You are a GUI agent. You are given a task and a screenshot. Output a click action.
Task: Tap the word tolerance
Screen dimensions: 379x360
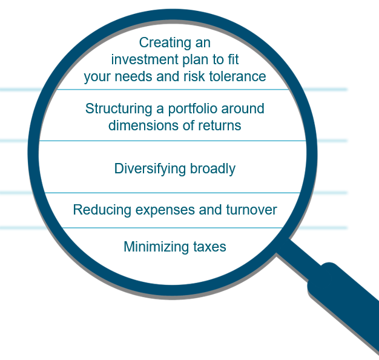click(237, 76)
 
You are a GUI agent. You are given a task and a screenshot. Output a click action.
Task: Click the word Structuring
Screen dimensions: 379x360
click(119, 109)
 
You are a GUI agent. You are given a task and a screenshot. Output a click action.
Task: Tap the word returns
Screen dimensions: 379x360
click(220, 126)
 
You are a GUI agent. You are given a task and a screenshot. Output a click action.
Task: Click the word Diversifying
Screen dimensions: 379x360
click(150, 169)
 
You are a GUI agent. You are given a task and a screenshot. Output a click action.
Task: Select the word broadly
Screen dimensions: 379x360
click(213, 169)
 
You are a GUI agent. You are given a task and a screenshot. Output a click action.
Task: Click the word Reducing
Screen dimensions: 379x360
click(102, 210)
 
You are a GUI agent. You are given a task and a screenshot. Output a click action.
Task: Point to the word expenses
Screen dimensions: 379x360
click(165, 210)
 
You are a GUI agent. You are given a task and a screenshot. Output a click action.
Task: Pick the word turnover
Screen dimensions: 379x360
click(251, 210)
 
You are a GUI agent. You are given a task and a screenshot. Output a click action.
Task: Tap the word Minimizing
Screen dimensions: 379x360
click(156, 247)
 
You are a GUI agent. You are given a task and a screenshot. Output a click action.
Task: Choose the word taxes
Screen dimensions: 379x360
click(209, 247)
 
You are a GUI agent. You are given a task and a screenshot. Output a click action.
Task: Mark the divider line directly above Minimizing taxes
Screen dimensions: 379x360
click(173, 228)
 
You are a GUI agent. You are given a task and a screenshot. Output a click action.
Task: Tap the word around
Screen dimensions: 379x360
click(243, 109)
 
